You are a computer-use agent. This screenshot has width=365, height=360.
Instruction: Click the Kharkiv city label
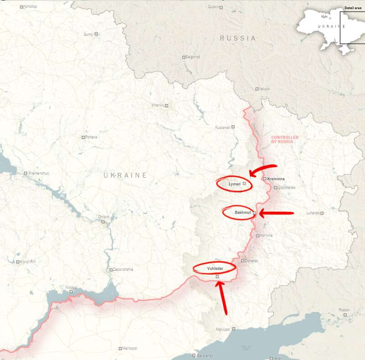(x=157, y=105)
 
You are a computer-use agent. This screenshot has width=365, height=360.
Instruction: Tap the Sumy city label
(x=88, y=34)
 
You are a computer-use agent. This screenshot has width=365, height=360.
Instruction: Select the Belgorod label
(x=193, y=57)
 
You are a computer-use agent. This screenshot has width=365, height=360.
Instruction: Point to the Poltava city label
(x=90, y=137)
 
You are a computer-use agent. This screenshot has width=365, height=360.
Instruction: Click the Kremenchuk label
(x=39, y=173)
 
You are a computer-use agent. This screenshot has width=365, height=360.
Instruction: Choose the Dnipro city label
(x=103, y=217)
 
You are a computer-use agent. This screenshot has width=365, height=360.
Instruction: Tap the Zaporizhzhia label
(x=123, y=269)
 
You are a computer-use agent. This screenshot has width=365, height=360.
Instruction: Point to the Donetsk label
(x=251, y=261)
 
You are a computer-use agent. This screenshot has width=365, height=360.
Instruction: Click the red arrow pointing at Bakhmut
(x=277, y=213)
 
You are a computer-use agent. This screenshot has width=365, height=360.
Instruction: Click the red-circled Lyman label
(x=234, y=184)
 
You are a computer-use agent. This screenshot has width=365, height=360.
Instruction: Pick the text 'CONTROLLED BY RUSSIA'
(x=285, y=139)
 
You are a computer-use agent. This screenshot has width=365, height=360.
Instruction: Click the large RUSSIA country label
(x=238, y=38)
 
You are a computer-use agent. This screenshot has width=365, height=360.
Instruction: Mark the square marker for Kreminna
(x=265, y=179)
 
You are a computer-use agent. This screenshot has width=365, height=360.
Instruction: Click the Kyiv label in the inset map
(x=324, y=16)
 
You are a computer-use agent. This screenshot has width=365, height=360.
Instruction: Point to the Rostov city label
(x=344, y=310)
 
